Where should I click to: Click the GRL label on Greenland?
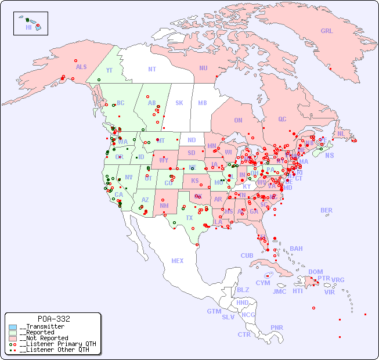(327, 31)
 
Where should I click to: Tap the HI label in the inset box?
(28, 27)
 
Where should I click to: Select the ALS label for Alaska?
(81, 67)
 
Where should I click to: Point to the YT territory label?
(109, 70)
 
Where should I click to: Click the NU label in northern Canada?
(203, 68)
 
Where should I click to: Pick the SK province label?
(179, 103)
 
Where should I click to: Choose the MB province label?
(202, 103)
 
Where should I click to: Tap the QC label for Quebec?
(282, 120)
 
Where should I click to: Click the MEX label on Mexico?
(178, 261)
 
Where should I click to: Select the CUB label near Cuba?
(247, 256)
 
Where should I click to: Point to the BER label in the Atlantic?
(326, 210)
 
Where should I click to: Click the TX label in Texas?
(189, 218)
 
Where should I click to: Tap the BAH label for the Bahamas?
(296, 249)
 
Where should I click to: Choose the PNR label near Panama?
(277, 327)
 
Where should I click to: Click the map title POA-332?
(53, 319)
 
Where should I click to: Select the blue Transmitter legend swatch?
(13, 327)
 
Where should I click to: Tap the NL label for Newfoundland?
(341, 134)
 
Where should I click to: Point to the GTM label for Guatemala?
(214, 312)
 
